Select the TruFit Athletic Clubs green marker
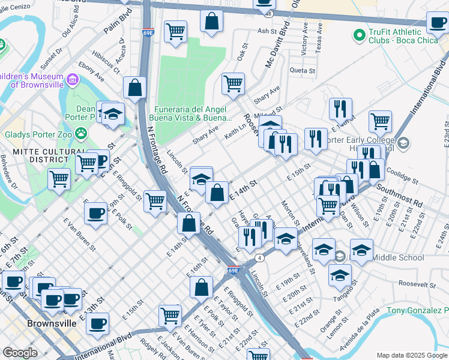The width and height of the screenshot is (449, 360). [x=360, y=35]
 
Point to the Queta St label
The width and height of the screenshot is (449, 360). [x=302, y=70]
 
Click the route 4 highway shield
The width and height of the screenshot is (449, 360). [x=259, y=258]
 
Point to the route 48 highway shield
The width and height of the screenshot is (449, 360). [x=270, y=13]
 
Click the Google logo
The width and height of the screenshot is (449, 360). [x=20, y=352]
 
